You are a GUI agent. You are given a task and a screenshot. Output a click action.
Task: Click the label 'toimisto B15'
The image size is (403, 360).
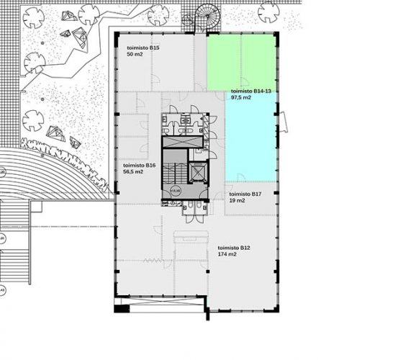point(142,48)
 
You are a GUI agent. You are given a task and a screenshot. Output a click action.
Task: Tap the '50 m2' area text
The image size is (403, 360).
point(135,55)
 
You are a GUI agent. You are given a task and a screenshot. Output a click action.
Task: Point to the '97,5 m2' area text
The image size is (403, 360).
point(240,98)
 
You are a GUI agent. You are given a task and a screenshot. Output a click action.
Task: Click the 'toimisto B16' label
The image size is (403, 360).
point(141,166)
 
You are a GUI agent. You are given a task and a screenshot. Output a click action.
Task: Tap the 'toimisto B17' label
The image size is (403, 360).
point(244,194)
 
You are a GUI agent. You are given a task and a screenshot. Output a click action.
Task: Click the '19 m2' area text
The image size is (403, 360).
point(237,201)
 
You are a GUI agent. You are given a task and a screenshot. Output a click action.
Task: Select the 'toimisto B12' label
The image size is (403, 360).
point(234,248)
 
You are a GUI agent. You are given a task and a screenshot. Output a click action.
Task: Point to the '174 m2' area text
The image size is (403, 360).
point(227,255)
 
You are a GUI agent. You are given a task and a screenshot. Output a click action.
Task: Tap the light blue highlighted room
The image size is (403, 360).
point(251,137)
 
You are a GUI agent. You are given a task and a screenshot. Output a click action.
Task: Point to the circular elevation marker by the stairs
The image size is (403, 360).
point(176,192)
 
